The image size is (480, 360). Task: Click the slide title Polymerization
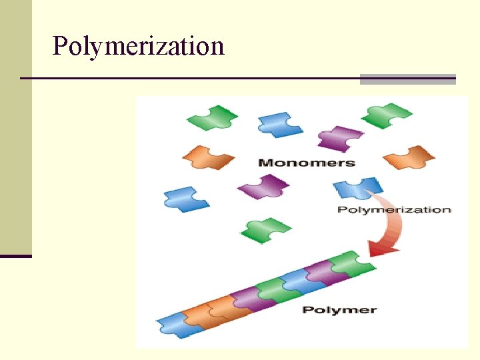tap(138, 47)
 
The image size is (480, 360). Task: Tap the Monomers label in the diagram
tap(306, 162)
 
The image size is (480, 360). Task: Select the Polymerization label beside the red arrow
tap(394, 209)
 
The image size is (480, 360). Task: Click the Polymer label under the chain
tap(339, 309)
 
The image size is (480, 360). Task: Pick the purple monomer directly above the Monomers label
tap(341, 137)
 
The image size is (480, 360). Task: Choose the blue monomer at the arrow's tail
tap(358, 188)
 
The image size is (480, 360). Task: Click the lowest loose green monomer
tap(265, 230)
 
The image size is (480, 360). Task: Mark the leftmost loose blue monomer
tap(186, 199)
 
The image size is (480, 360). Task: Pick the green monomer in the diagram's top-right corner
tap(387, 115)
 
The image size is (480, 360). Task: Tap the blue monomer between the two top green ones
tap(280, 124)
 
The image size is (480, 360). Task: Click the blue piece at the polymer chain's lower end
tap(173, 327)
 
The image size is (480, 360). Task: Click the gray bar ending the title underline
tap(407, 79)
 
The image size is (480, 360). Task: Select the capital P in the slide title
tap(61, 47)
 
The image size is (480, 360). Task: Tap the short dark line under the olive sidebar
tap(15, 256)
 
